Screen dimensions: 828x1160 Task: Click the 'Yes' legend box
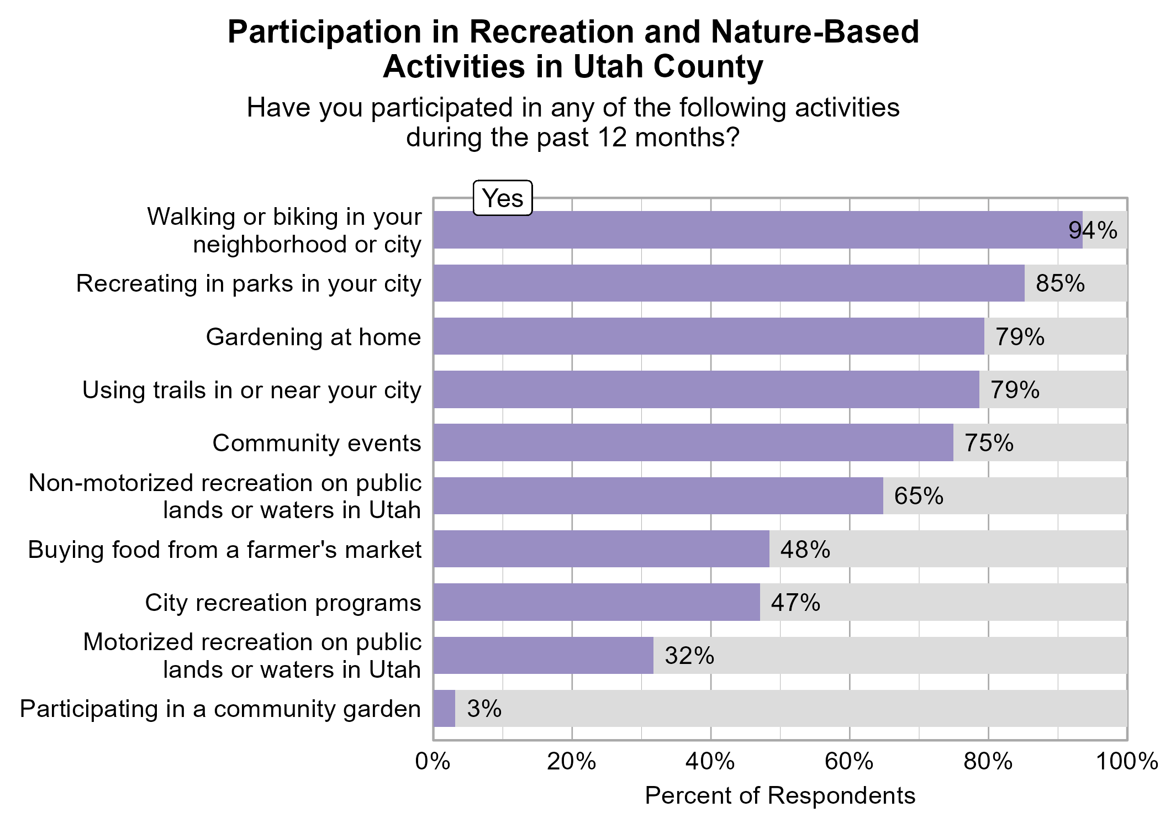coord(503,198)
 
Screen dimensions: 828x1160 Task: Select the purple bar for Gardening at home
coord(709,336)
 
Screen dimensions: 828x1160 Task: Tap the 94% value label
coord(1093,230)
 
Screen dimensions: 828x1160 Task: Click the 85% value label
coord(1060,283)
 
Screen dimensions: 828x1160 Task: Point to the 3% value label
coord(484,709)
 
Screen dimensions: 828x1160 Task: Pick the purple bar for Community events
coord(693,442)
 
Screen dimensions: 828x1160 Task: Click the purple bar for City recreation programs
coord(597,602)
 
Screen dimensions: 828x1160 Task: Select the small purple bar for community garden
coord(444,709)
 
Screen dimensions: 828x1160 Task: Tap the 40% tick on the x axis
coord(710,762)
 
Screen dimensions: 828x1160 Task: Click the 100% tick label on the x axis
coord(1127,762)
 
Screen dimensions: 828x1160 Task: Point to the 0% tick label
coord(433,762)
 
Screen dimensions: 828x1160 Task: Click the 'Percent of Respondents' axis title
coord(780,796)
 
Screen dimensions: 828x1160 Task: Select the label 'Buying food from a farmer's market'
coord(225,550)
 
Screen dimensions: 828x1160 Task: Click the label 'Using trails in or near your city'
coord(252,390)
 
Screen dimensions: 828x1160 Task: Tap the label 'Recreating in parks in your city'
coord(249,283)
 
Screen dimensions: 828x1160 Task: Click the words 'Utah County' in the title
coord(668,67)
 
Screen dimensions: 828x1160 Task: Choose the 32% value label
coord(689,656)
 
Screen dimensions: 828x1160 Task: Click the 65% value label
coord(919,496)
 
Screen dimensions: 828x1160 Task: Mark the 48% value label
coord(805,550)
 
